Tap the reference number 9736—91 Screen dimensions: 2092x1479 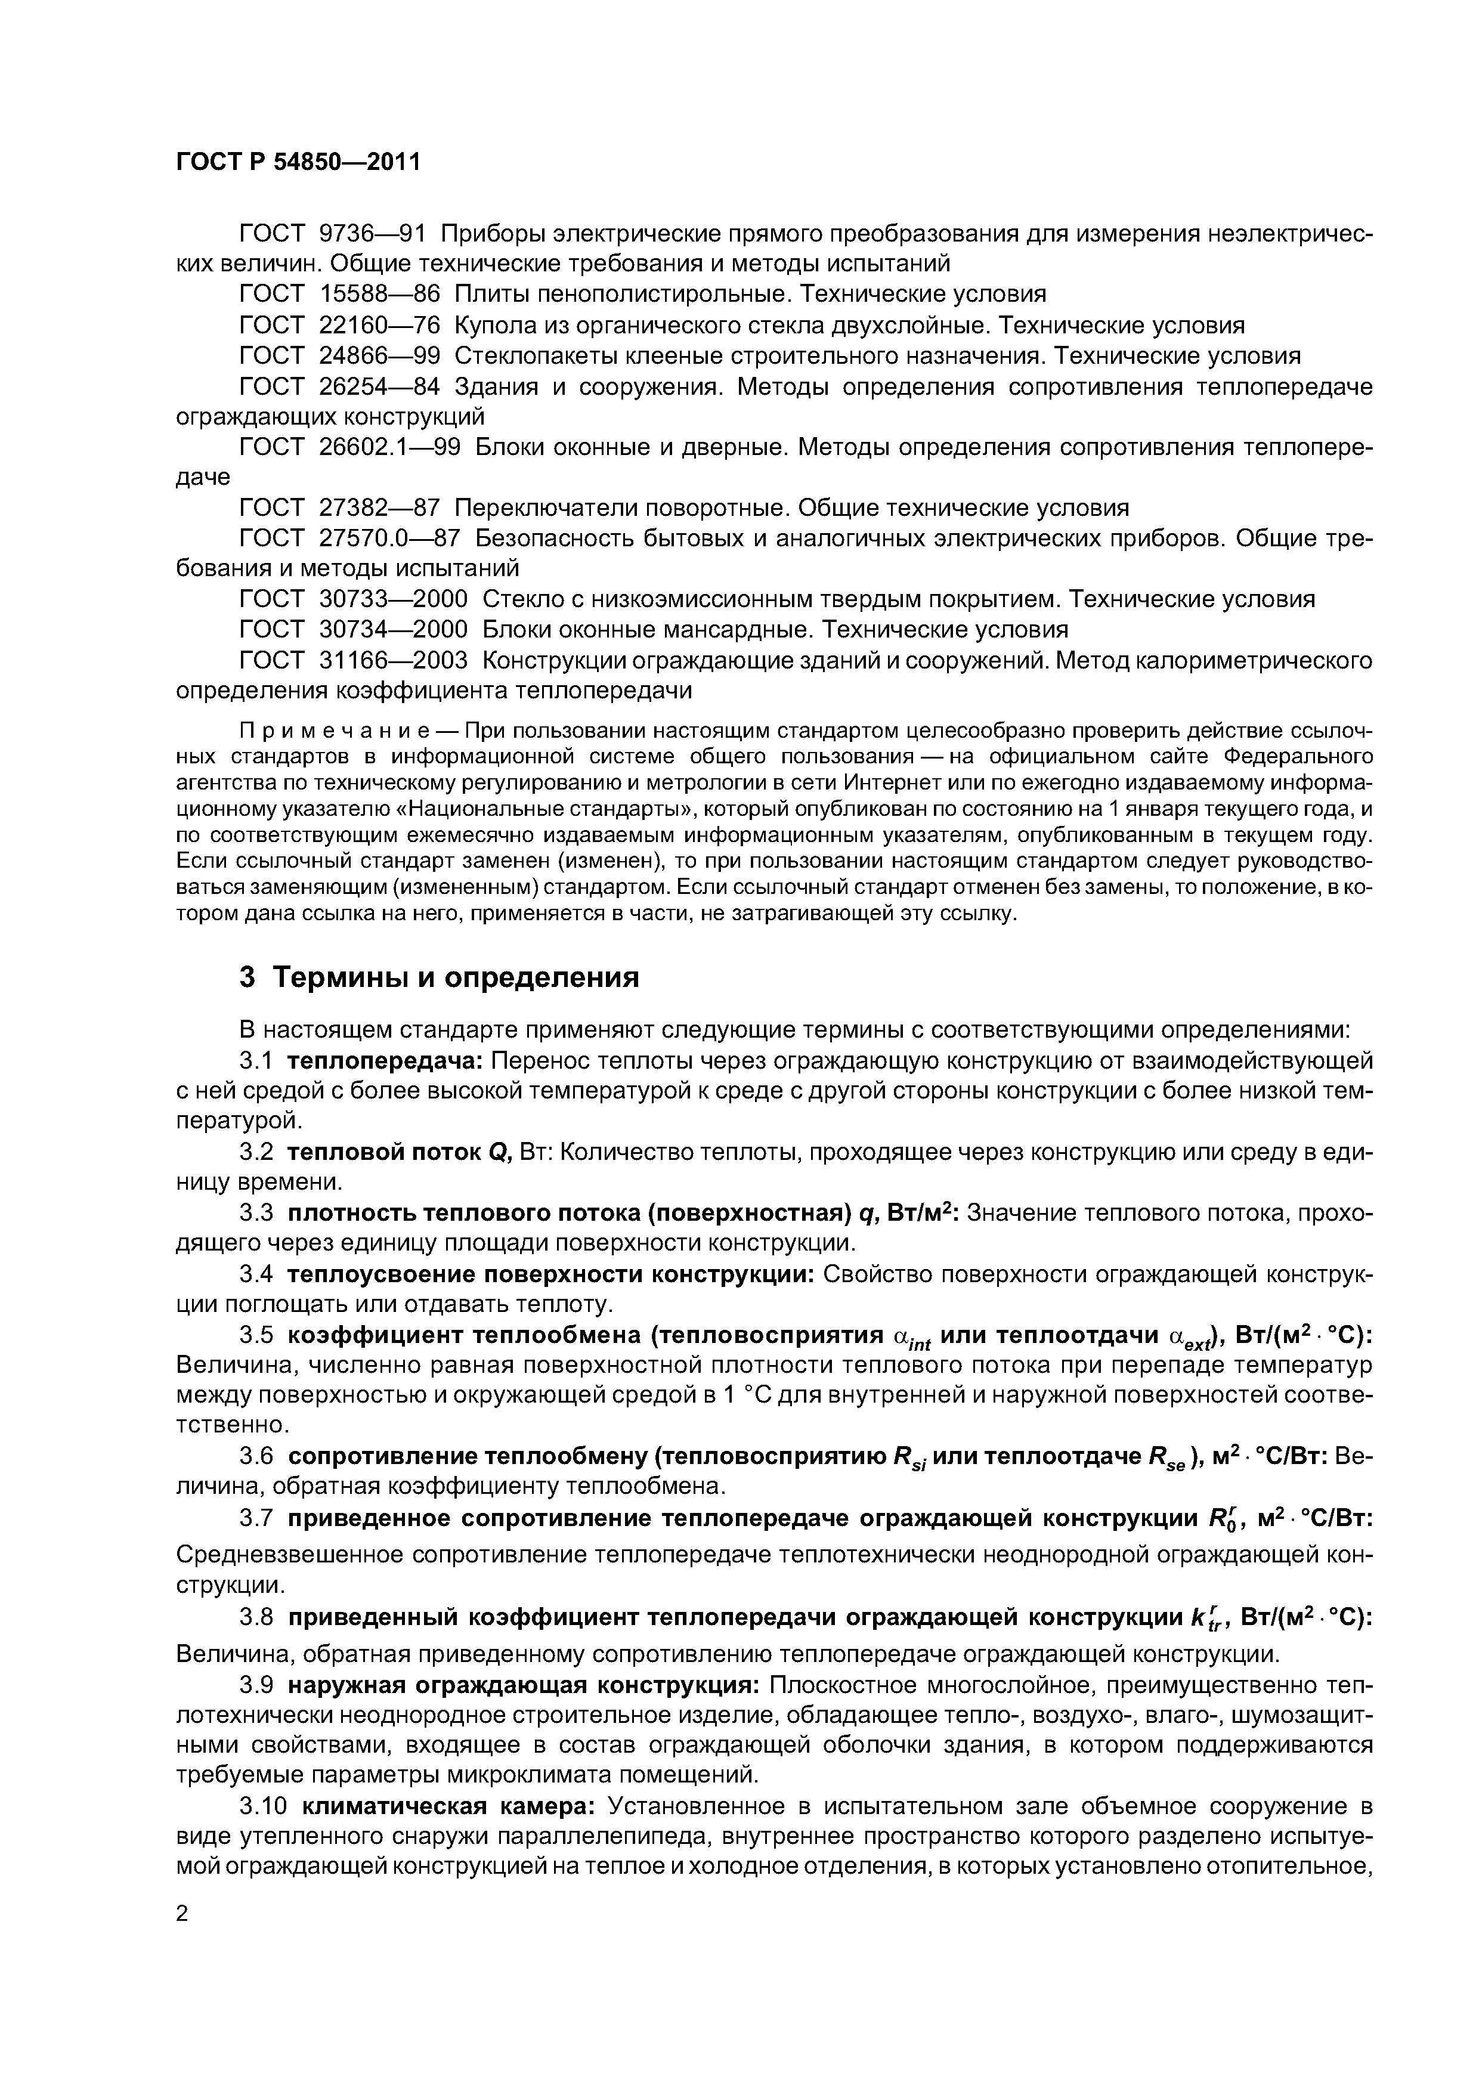[x=373, y=233]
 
